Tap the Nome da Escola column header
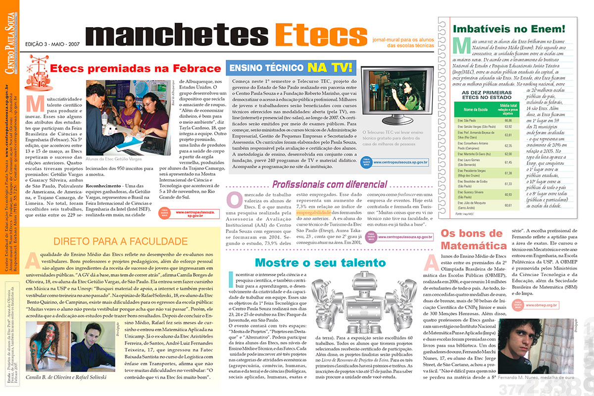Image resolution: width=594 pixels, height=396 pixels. tap(475, 108)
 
